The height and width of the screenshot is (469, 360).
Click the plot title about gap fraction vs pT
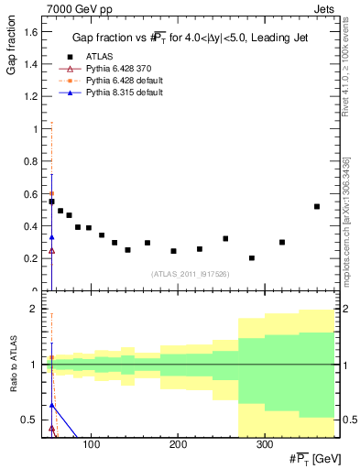point(195,38)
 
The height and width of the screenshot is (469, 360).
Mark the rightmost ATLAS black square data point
point(317,207)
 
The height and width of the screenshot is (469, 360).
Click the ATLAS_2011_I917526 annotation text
point(191,274)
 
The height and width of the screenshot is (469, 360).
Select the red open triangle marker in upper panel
point(52,250)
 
